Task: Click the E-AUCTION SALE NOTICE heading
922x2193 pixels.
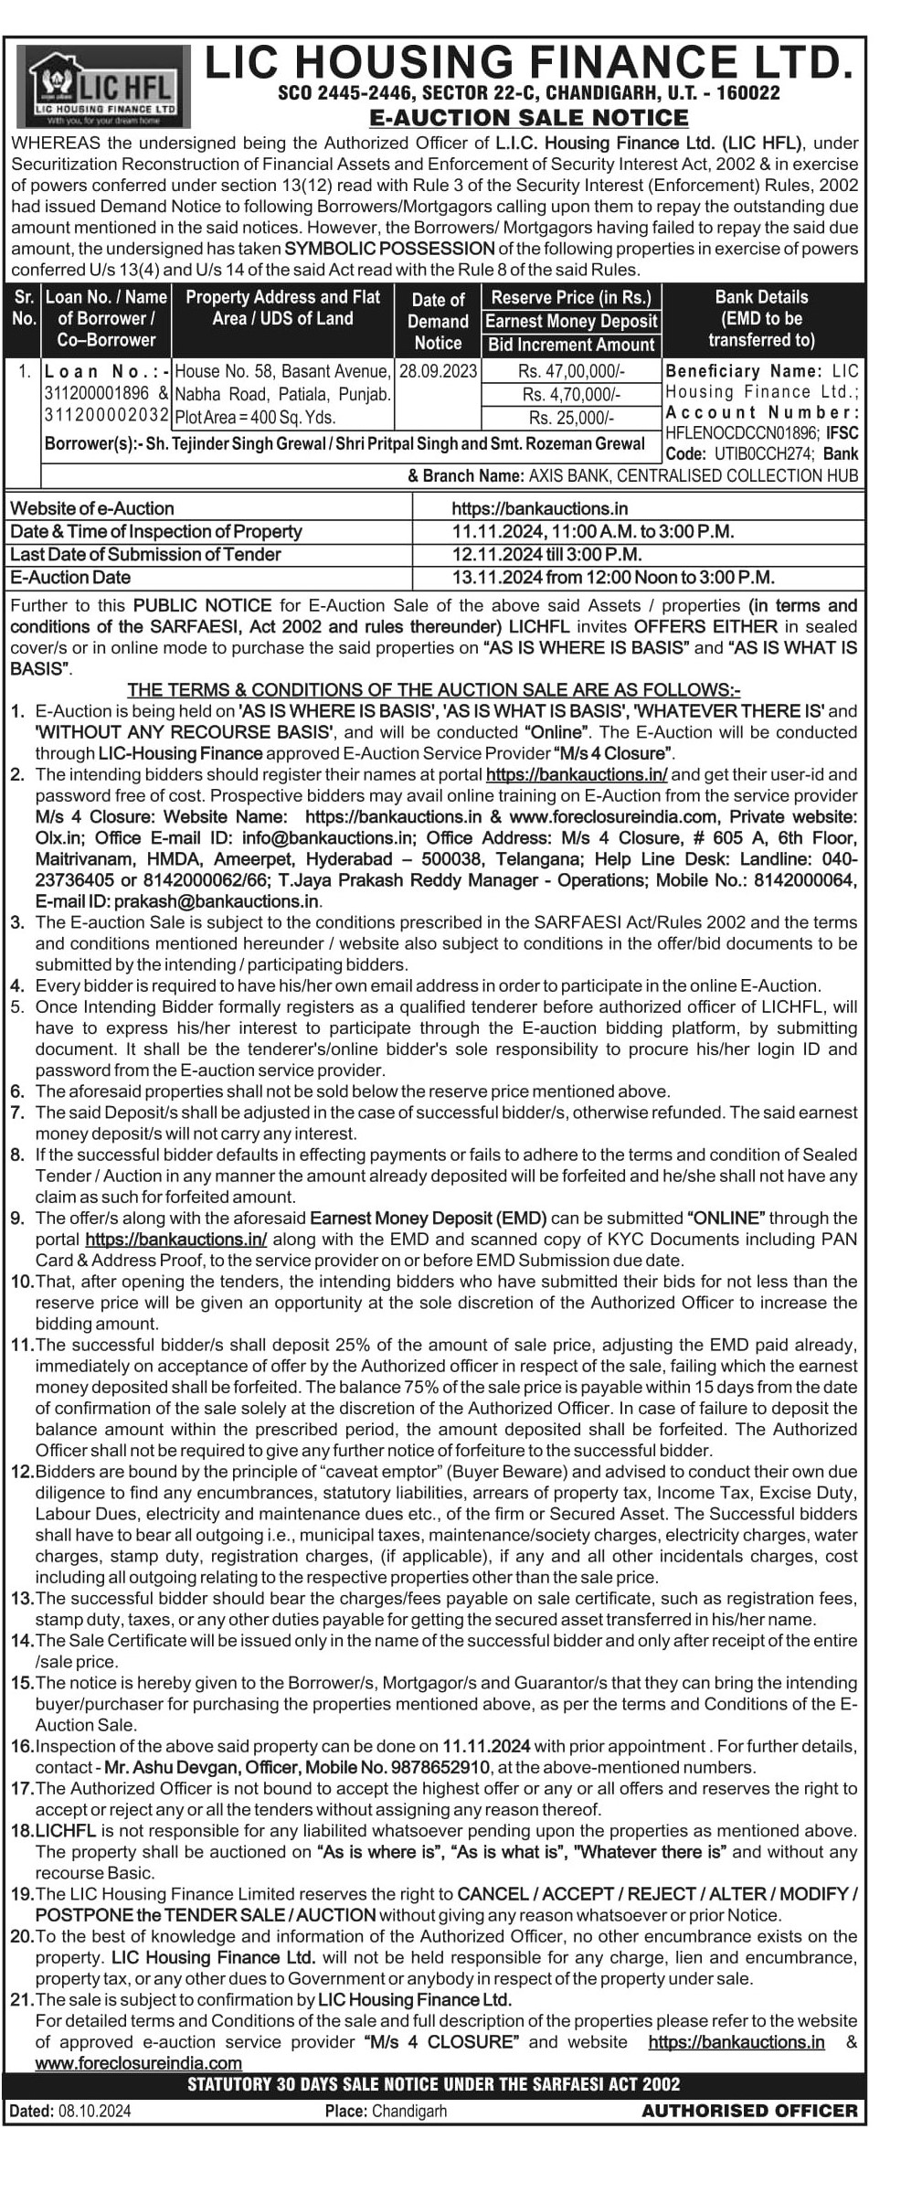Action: (x=528, y=118)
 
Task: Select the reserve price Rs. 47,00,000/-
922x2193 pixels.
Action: (x=571, y=371)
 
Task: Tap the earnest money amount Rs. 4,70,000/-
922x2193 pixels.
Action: (x=571, y=395)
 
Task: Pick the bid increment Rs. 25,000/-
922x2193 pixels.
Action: (x=571, y=418)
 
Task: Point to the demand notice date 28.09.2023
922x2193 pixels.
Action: (x=438, y=371)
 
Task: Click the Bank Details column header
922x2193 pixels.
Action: (x=761, y=318)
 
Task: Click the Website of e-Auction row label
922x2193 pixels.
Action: (x=92, y=508)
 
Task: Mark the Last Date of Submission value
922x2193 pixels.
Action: (x=546, y=555)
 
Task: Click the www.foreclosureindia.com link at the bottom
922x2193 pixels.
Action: (x=139, y=2063)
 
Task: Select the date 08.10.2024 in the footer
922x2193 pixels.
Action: (x=95, y=2111)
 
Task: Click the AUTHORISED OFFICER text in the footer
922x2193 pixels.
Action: (x=749, y=2111)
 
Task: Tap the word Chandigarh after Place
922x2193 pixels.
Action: (x=409, y=2111)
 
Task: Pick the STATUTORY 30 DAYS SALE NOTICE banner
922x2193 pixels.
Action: (x=434, y=2084)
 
